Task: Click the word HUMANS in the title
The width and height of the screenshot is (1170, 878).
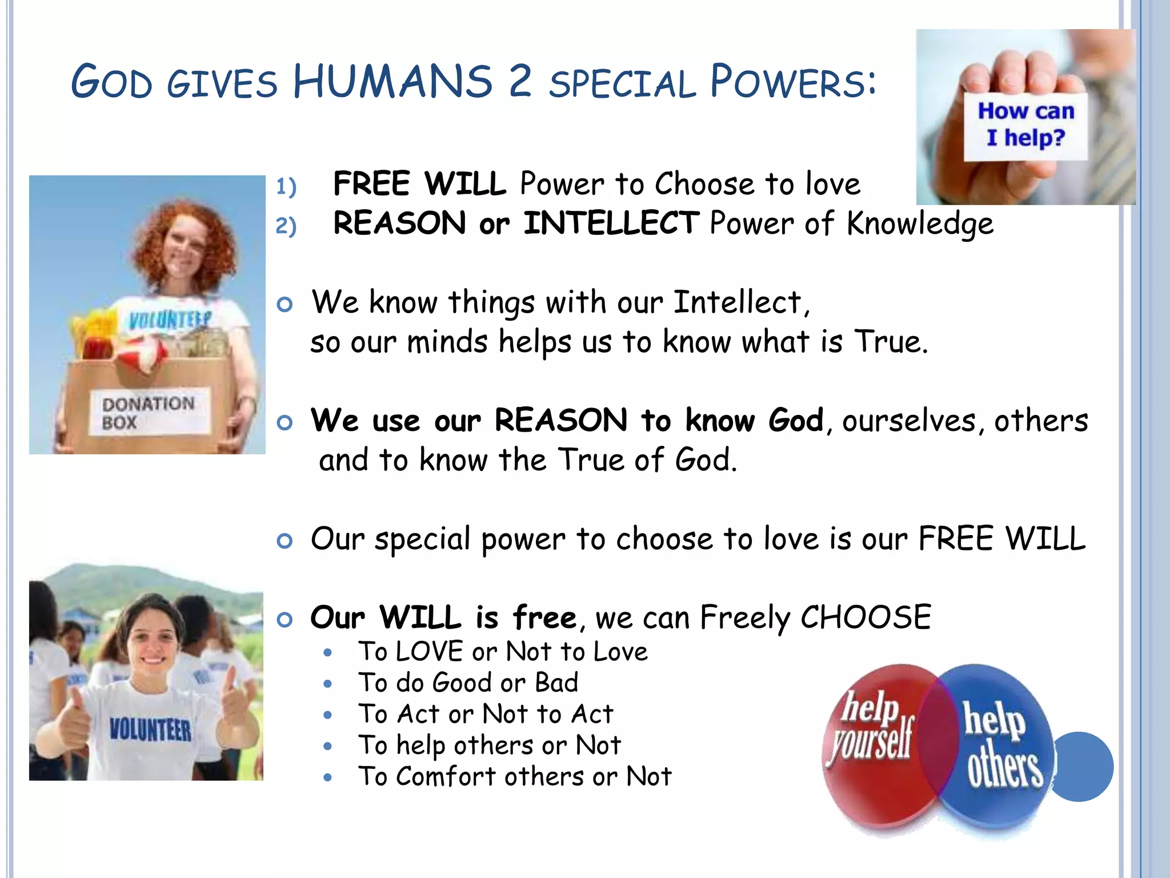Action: (x=392, y=82)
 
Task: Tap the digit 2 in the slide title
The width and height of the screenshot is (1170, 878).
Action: (x=520, y=82)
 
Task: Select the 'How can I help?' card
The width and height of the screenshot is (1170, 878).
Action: (x=1025, y=125)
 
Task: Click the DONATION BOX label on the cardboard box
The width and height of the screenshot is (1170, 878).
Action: (x=148, y=413)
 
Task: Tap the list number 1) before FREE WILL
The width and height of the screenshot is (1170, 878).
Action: (x=286, y=187)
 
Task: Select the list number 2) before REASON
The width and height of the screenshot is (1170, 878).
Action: (x=286, y=226)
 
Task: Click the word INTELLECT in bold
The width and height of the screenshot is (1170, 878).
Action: (x=611, y=223)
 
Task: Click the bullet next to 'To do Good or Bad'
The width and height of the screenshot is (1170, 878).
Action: (x=327, y=684)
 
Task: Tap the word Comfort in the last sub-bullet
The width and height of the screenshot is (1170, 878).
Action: (x=446, y=776)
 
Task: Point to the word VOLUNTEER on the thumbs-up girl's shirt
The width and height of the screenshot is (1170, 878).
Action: (x=150, y=730)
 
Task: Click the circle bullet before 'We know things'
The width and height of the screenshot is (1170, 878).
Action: (x=284, y=304)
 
